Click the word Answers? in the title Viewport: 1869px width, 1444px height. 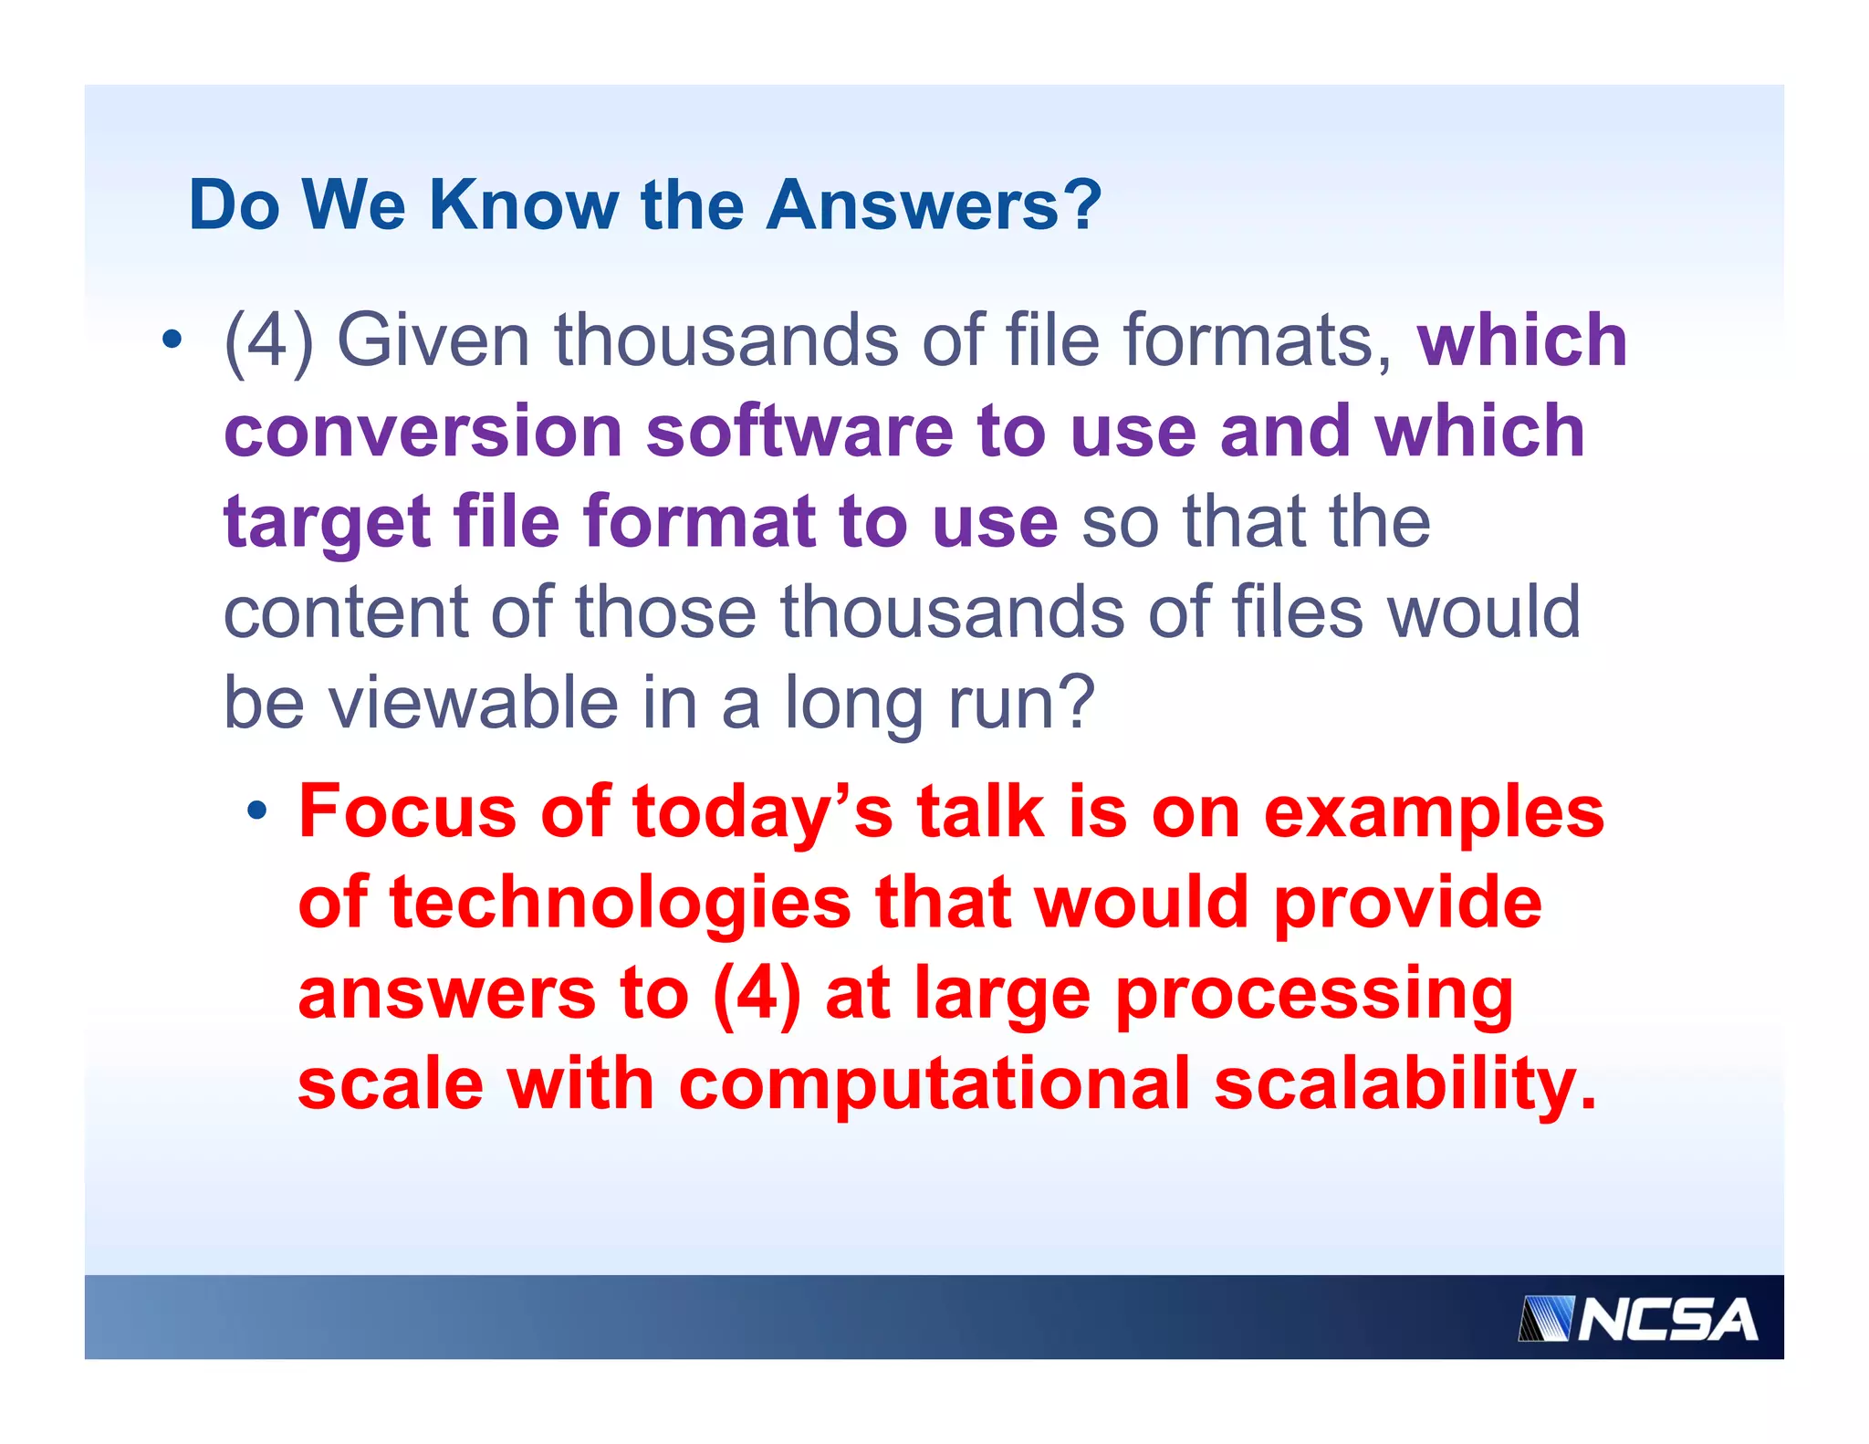click(934, 204)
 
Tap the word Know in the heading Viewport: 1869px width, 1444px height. click(523, 204)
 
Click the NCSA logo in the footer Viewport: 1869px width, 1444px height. click(1639, 1319)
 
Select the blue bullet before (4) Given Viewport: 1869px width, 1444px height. click(172, 340)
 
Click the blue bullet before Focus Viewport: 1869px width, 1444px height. click(258, 810)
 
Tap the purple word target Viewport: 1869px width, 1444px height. click(327, 522)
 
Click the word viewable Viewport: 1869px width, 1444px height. click(474, 703)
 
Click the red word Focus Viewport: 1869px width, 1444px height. click(407, 811)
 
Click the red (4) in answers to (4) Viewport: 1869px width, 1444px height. click(757, 993)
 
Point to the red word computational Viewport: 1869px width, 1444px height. click(934, 1083)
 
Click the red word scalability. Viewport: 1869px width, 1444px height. click(1404, 1083)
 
